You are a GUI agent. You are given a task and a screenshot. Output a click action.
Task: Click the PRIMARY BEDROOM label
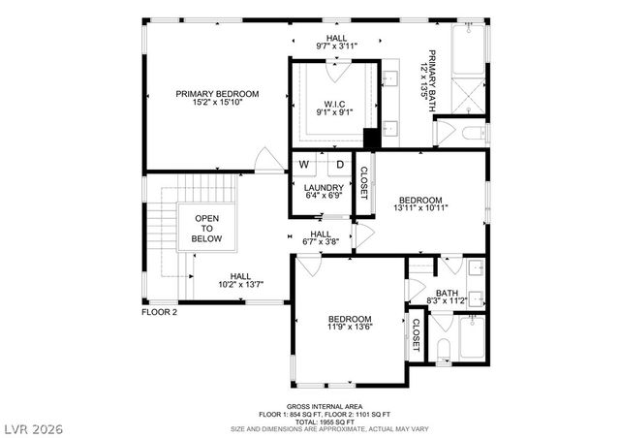(x=217, y=94)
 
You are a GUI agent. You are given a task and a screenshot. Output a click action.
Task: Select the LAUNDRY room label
(x=323, y=188)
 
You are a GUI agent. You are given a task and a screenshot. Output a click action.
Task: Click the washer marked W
(x=304, y=165)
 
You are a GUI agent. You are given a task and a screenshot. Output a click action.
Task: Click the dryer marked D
(x=340, y=165)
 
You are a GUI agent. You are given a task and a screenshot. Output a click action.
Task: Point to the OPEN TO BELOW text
(x=207, y=229)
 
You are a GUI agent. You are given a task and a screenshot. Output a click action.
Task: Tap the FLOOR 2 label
(x=160, y=313)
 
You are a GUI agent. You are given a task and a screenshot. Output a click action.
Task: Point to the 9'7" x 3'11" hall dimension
(x=324, y=45)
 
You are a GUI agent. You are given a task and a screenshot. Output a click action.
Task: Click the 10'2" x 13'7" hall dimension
(x=240, y=285)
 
